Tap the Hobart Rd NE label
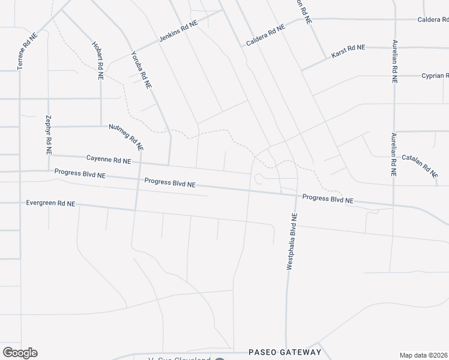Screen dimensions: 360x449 click(97, 61)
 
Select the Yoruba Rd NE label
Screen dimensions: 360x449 click(141, 69)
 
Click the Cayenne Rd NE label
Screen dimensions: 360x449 click(109, 160)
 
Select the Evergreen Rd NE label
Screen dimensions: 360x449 click(50, 203)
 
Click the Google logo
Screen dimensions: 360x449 click(20, 353)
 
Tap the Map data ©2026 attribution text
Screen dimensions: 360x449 click(424, 355)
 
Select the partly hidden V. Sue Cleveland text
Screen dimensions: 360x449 click(179, 359)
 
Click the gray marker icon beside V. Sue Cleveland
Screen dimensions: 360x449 click(220, 359)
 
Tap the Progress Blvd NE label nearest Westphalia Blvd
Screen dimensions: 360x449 click(328, 198)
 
